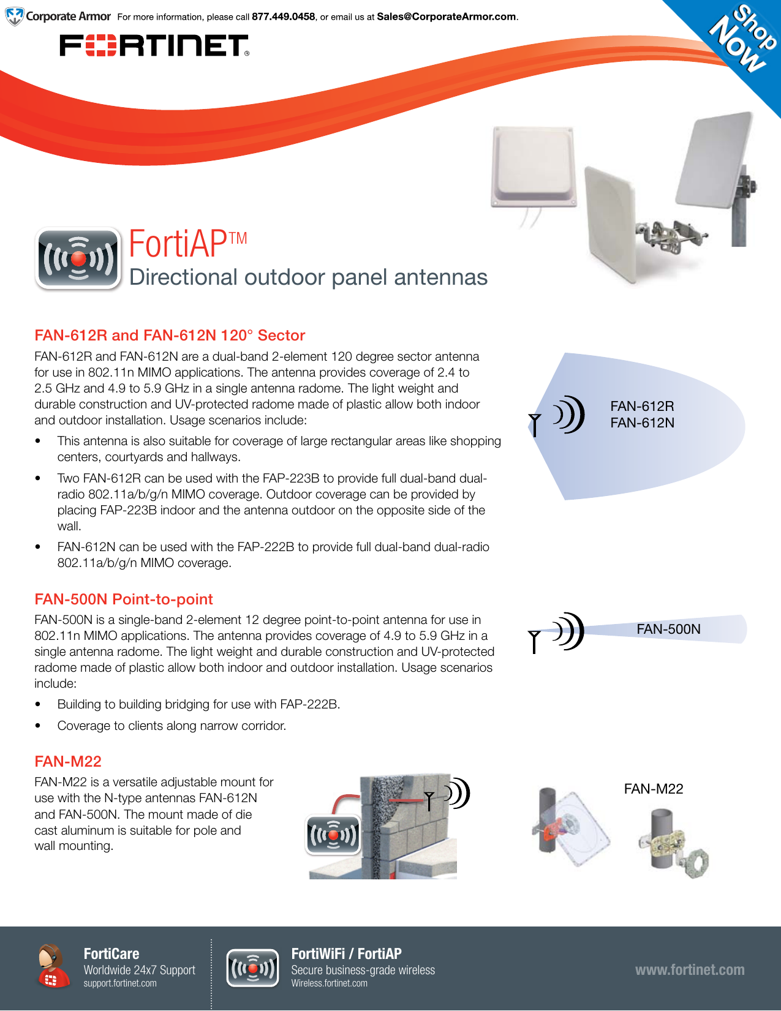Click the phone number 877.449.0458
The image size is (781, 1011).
[x=283, y=17]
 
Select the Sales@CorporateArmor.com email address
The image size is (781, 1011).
[x=447, y=17]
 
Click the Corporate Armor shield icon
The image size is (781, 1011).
[x=14, y=17]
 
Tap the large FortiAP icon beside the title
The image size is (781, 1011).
[x=78, y=258]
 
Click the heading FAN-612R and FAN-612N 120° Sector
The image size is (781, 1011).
[x=170, y=336]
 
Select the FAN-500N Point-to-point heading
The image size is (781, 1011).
[x=124, y=599]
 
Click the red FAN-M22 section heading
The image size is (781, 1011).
[x=68, y=762]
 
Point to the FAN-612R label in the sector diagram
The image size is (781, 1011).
[x=642, y=406]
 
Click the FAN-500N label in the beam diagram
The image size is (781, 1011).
[x=668, y=630]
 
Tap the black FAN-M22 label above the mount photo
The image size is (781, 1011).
[x=653, y=789]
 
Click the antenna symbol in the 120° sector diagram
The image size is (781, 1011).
[x=535, y=424]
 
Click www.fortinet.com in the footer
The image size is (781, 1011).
[x=690, y=970]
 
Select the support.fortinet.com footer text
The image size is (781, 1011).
[x=120, y=983]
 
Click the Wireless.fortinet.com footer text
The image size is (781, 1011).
[x=329, y=983]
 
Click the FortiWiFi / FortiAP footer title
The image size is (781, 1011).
[x=346, y=953]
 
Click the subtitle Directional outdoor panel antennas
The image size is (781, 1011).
[x=308, y=277]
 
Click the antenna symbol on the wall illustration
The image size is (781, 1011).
[x=429, y=800]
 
